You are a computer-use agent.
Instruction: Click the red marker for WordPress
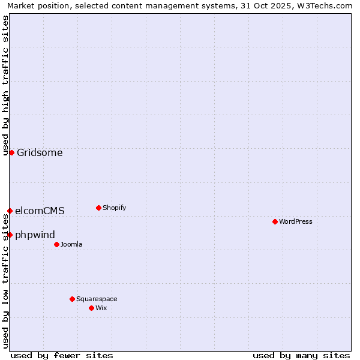275,221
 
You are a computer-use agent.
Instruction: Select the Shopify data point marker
98,208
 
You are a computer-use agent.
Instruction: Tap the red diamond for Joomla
56,244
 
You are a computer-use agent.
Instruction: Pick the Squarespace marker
72,299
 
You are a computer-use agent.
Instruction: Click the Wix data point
91,308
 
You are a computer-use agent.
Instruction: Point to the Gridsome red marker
11,152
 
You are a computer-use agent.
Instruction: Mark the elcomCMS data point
10,211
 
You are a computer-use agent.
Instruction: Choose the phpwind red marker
10,235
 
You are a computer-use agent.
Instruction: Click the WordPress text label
296,221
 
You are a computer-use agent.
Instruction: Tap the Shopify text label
115,208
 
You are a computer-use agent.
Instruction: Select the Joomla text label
71,244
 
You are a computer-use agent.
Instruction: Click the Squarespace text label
97,299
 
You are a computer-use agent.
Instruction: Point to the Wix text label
101,308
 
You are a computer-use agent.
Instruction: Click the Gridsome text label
40,152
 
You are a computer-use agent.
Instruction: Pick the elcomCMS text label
40,211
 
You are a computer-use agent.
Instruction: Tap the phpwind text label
35,235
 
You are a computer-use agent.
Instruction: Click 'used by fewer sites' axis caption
62,355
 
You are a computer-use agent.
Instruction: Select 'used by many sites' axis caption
301,355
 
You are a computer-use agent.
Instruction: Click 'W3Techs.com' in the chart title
326,6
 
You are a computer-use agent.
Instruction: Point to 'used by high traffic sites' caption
6,85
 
